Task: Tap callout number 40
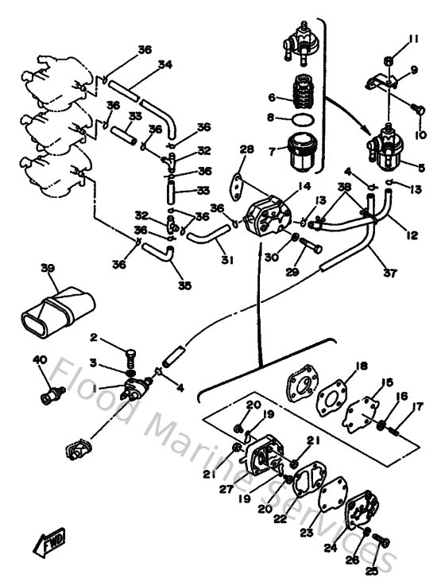pyautogui.click(x=40, y=360)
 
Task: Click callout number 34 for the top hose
pyautogui.click(x=164, y=64)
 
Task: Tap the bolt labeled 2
pyautogui.click(x=132, y=349)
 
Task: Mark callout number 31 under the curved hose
pyautogui.click(x=227, y=260)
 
